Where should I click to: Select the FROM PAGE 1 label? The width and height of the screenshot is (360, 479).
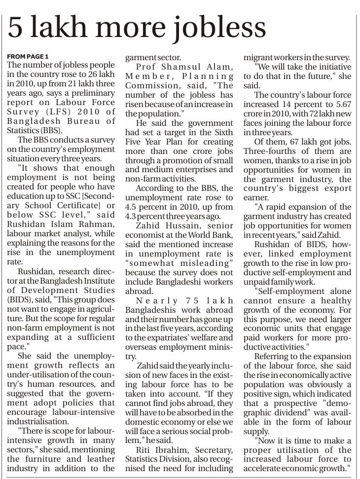pos(29,56)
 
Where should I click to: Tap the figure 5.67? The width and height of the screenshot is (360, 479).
pos(341,105)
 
